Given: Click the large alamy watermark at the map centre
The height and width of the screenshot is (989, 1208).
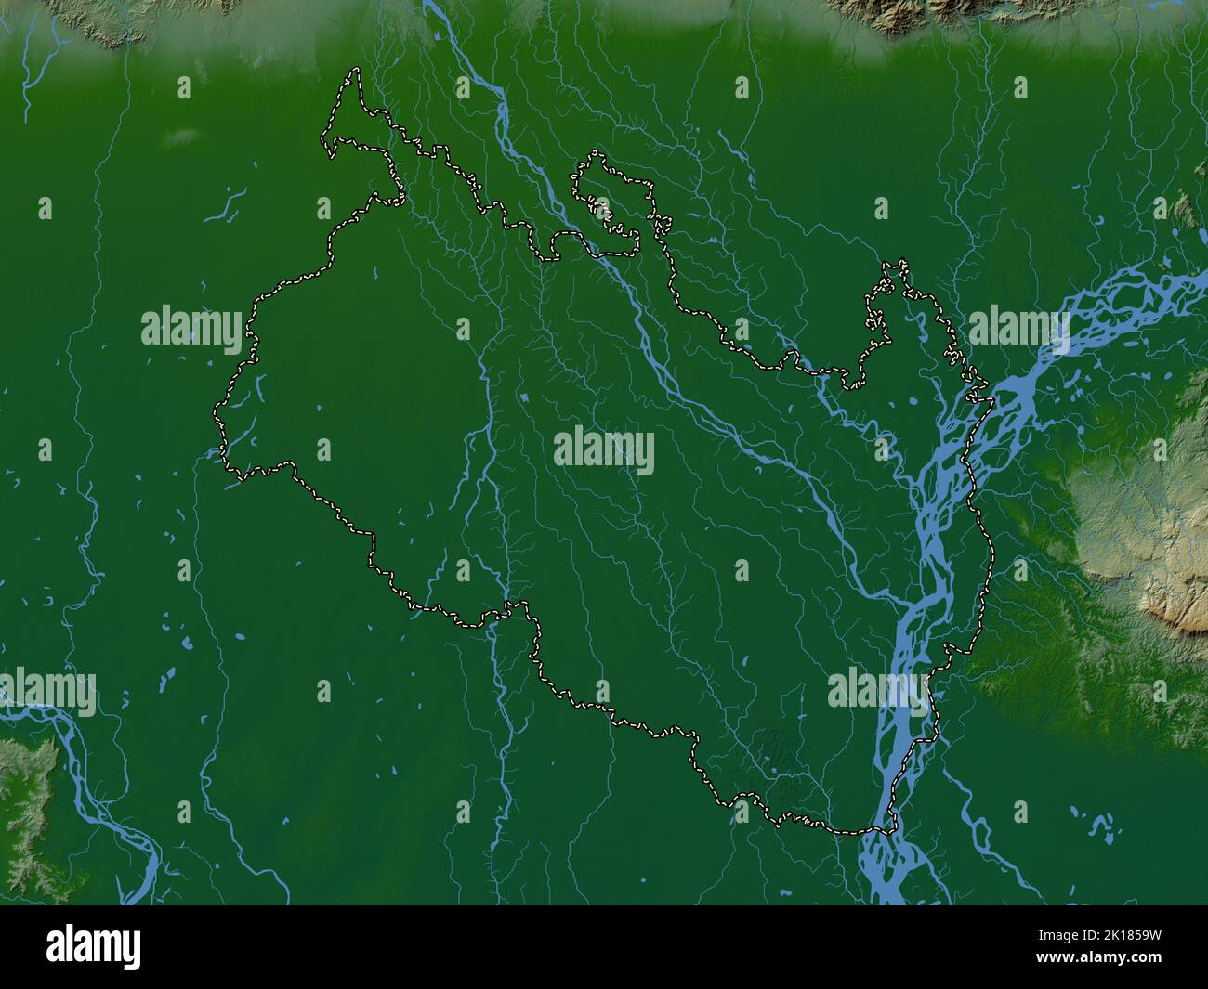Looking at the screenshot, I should click(x=604, y=451).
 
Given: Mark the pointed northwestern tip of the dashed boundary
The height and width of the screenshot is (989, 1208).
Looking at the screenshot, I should click(x=352, y=72).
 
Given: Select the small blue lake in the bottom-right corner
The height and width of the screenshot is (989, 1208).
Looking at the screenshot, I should click(x=1101, y=822).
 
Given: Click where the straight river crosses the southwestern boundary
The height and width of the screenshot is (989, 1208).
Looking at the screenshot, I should click(x=506, y=608).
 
